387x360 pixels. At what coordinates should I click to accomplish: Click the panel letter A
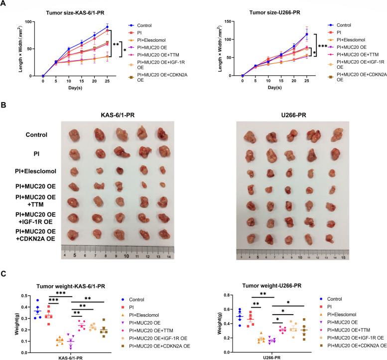pos(4,4)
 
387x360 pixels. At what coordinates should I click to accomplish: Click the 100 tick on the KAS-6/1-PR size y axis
pos(28,22)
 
